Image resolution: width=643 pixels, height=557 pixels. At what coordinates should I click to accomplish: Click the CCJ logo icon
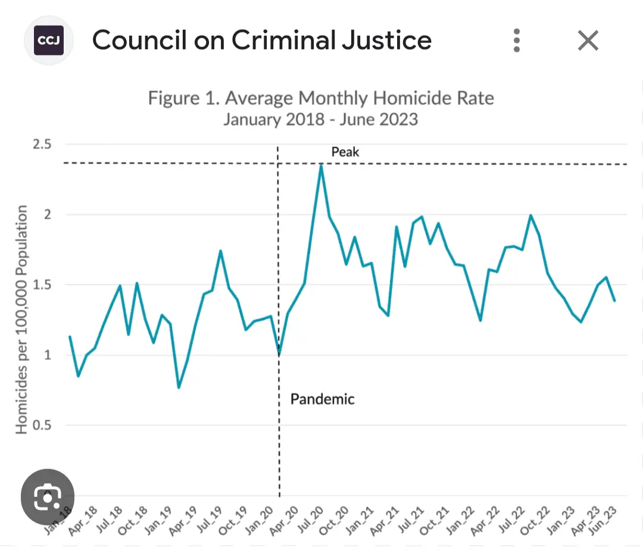click(x=48, y=40)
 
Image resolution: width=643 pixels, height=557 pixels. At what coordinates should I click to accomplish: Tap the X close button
click(x=588, y=40)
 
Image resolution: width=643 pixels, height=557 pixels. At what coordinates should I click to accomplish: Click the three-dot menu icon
click(x=517, y=40)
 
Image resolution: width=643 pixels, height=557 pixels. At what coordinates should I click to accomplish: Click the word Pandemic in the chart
click(x=322, y=399)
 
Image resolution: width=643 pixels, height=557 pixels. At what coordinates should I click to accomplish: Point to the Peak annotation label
click(x=345, y=152)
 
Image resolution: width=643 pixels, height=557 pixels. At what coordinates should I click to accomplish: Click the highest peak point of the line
click(x=321, y=166)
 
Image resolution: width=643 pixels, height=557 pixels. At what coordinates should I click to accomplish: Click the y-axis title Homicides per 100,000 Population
click(x=21, y=320)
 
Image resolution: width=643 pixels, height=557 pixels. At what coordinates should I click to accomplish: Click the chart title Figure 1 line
click(x=321, y=98)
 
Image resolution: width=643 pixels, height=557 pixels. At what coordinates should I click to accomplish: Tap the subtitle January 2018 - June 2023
click(x=321, y=119)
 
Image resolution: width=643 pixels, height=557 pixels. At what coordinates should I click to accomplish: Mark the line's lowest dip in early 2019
click(x=179, y=387)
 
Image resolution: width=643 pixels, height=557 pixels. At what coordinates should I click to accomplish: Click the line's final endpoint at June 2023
click(x=614, y=301)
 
